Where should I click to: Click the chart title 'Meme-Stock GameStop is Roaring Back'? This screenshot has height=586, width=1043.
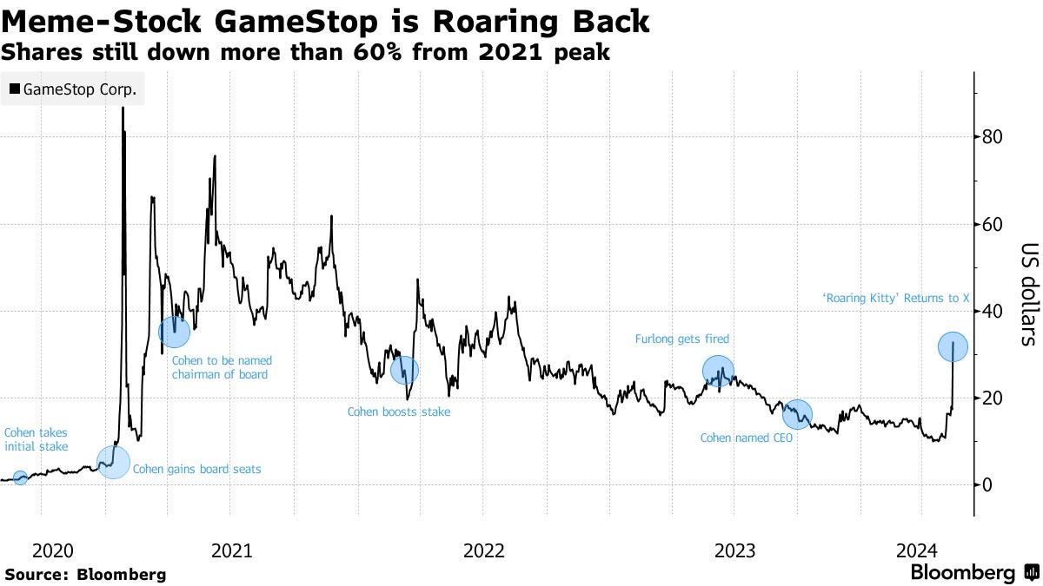pyautogui.click(x=326, y=21)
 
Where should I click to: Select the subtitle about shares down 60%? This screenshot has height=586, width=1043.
pyautogui.click(x=305, y=53)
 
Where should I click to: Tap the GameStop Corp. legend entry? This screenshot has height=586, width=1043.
pyautogui.click(x=73, y=89)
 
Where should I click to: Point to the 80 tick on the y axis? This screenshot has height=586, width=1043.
pyautogui.click(x=993, y=137)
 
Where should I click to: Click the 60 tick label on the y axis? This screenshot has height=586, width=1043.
pyautogui.click(x=993, y=224)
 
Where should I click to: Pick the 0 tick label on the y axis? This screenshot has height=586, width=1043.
pyautogui.click(x=988, y=484)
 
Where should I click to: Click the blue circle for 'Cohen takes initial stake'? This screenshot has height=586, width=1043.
pyautogui.click(x=21, y=477)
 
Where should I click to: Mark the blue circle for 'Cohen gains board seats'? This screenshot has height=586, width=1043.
pyautogui.click(x=113, y=462)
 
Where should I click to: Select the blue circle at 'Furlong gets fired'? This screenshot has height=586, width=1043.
pyautogui.click(x=718, y=372)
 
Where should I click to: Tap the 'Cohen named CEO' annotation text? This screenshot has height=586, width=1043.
pyautogui.click(x=741, y=438)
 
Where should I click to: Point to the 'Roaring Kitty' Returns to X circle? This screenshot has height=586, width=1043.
pyautogui.click(x=953, y=347)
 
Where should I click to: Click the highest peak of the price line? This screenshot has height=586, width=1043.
pyautogui.click(x=123, y=108)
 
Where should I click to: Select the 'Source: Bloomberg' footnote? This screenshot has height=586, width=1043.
pyautogui.click(x=84, y=574)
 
